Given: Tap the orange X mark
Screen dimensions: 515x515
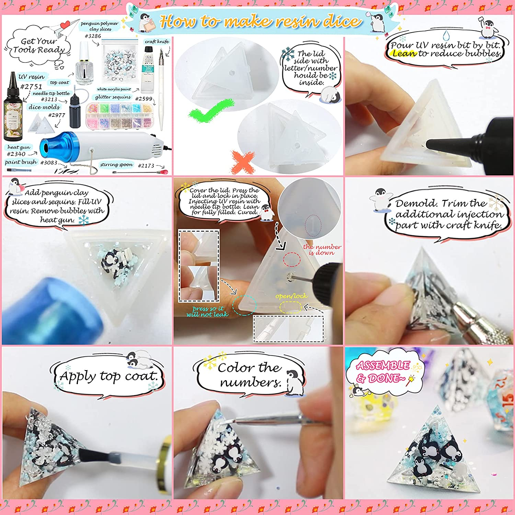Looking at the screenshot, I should tap(243, 161).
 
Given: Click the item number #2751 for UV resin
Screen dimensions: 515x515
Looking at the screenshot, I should tap(31, 87).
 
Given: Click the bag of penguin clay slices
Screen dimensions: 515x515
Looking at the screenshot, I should tap(120, 61).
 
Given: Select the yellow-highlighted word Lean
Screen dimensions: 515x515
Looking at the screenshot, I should tap(404, 54).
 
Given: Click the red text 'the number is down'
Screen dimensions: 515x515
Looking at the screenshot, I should tap(322, 250).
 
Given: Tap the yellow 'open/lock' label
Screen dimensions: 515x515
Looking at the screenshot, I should tap(291, 296).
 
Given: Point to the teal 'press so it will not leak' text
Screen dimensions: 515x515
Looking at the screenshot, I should tap(207, 311).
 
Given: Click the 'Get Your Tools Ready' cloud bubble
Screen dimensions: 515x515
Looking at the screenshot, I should tap(38, 46).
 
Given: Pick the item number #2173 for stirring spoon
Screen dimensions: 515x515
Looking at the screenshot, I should tap(146, 165).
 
